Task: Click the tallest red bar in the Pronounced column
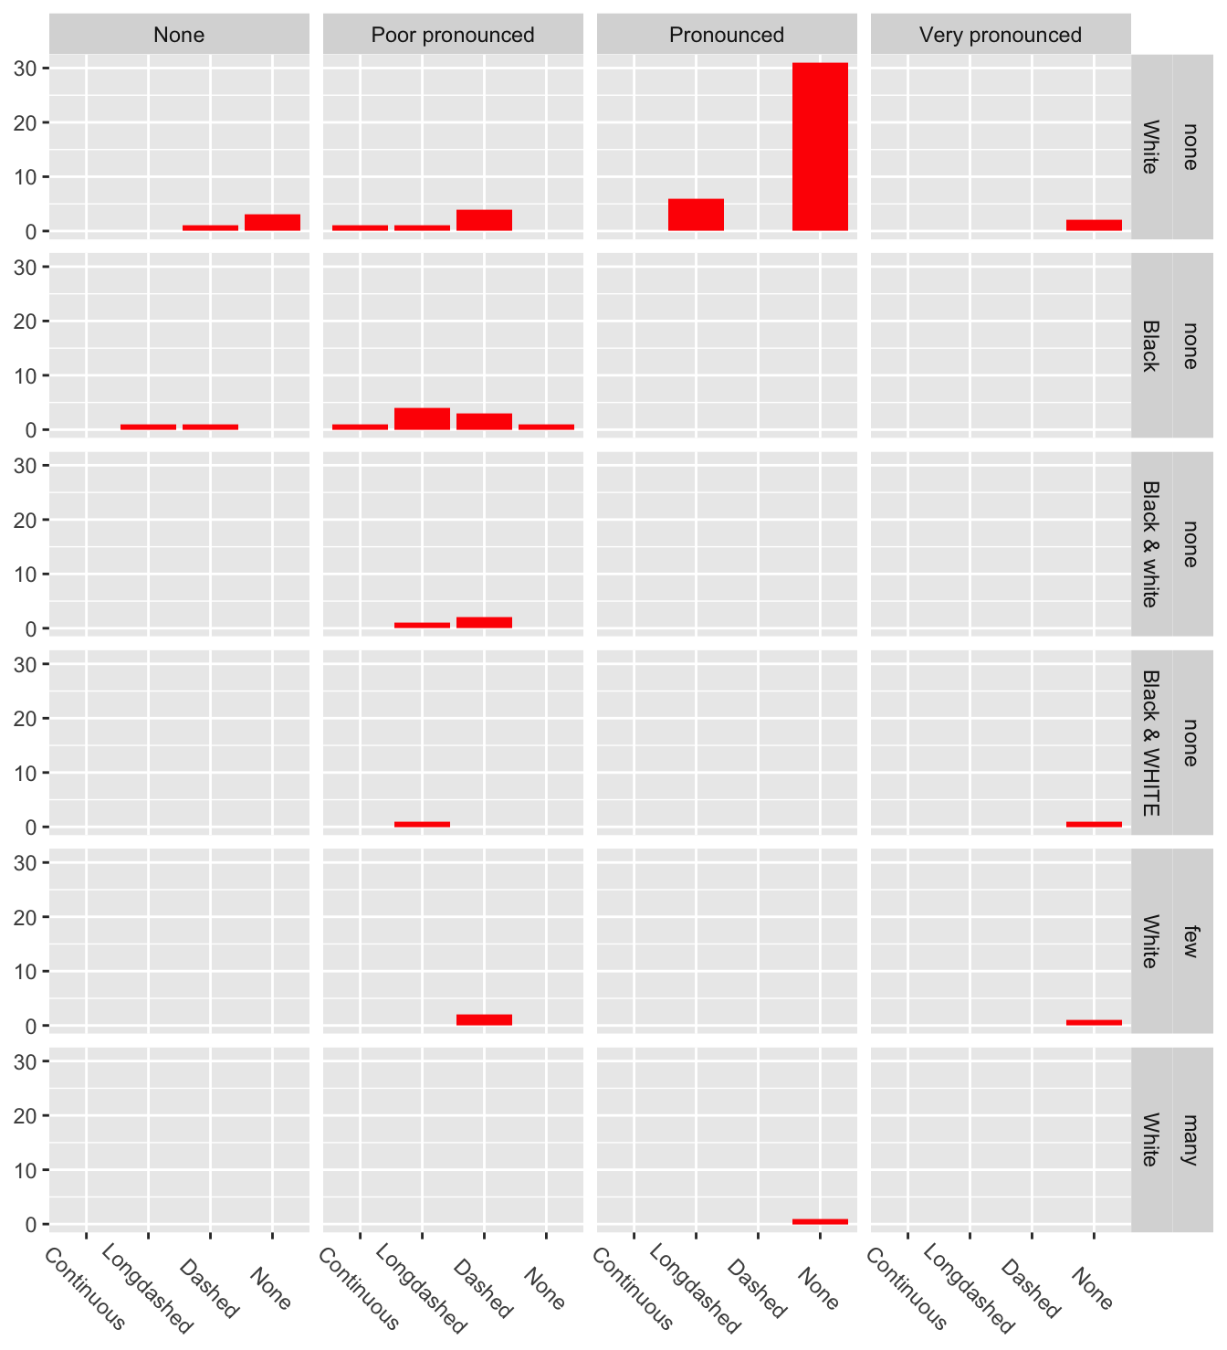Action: point(820,146)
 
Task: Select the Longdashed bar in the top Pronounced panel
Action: point(696,215)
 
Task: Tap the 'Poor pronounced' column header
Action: point(453,35)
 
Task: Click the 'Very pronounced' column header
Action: point(1001,35)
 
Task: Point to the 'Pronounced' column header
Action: point(727,35)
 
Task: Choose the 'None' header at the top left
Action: point(179,35)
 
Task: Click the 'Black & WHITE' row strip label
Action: point(1151,743)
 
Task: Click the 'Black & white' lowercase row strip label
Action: point(1151,543)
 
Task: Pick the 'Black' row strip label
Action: point(1151,345)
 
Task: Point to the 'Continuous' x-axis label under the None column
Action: point(85,1288)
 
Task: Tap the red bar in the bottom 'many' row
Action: point(820,1221)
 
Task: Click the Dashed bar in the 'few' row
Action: point(484,1019)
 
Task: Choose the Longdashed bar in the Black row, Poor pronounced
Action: point(422,418)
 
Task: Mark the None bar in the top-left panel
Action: point(272,222)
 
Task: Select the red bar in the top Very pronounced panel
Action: point(1094,225)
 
